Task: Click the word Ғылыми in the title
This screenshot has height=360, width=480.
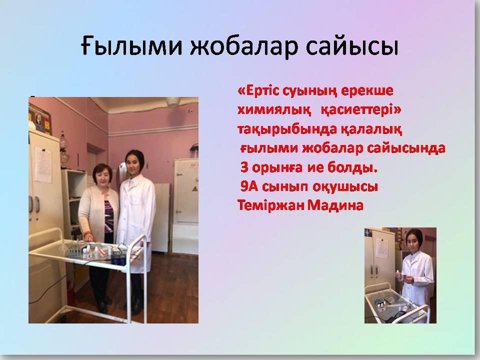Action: (131, 46)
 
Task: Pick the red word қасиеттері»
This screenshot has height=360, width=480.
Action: (360, 109)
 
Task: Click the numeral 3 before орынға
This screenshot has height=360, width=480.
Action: (244, 167)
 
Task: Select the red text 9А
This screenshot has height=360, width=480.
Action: (249, 186)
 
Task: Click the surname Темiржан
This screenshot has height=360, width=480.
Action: (270, 205)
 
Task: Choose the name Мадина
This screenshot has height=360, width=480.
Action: (335, 205)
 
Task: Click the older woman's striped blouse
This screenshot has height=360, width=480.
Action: (108, 216)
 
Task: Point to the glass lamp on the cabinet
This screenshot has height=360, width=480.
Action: (64, 149)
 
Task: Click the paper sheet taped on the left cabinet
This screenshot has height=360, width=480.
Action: (43, 164)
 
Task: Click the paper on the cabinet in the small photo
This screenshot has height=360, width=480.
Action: (381, 247)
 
